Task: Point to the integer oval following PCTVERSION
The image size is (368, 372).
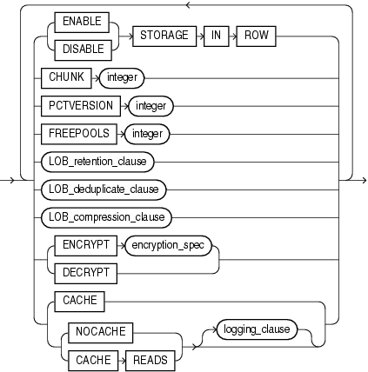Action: pyautogui.click(x=151, y=106)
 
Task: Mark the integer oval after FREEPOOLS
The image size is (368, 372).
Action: pyautogui.click(x=145, y=134)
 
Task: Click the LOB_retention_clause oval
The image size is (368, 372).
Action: pyautogui.click(x=97, y=161)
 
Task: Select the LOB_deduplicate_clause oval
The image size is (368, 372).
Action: pyautogui.click(x=103, y=189)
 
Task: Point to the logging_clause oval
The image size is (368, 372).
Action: pyautogui.click(x=256, y=329)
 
